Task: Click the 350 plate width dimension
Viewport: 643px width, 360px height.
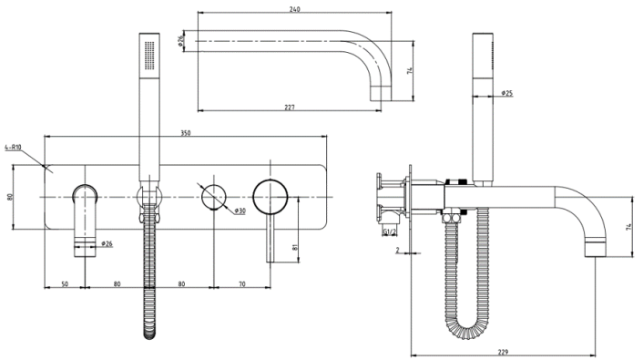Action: [186, 133]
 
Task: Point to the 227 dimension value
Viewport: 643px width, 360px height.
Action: [289, 108]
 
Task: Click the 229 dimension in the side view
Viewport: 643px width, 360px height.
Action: [504, 351]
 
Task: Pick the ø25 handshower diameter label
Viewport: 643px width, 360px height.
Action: [507, 93]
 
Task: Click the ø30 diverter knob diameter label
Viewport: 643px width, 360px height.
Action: [240, 211]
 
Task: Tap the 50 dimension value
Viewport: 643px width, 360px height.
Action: [65, 285]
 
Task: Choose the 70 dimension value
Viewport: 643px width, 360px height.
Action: [241, 285]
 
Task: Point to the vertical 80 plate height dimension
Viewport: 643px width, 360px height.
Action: [10, 197]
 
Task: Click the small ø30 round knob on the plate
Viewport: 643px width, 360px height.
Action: [213, 195]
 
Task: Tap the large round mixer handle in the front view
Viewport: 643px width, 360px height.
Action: [271, 196]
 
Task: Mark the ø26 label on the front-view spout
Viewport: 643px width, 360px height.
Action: [107, 244]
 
